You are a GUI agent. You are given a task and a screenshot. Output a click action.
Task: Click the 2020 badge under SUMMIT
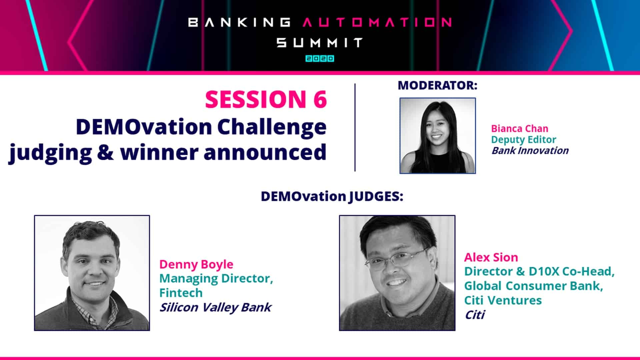[320, 59]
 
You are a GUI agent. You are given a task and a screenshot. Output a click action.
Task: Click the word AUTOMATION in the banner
[377, 22]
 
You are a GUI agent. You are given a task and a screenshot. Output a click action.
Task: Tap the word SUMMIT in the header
[320, 43]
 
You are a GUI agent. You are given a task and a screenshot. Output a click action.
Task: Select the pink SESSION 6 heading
[266, 99]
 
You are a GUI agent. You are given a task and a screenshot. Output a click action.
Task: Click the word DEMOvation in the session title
[144, 127]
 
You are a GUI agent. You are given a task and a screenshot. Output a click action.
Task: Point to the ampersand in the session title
[106, 152]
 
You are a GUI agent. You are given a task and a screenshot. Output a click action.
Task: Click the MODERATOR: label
[437, 85]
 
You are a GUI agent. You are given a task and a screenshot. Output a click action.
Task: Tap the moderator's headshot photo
[437, 136]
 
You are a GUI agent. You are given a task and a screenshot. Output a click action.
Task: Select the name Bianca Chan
[519, 128]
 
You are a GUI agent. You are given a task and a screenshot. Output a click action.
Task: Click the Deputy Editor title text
[523, 139]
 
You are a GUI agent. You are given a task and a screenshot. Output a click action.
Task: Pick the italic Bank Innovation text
[530, 151]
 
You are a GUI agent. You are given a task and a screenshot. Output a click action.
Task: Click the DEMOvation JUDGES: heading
[332, 196]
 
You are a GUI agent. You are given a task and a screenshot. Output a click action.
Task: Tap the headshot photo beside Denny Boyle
[92, 273]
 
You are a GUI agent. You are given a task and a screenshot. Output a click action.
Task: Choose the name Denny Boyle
[196, 264]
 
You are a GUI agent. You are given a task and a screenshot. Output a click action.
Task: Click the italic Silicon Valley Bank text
[215, 307]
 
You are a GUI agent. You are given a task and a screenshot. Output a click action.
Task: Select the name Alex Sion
[491, 257]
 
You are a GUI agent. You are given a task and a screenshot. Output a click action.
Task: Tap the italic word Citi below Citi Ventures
[475, 315]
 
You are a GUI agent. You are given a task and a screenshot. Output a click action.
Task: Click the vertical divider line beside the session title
[355, 127]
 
